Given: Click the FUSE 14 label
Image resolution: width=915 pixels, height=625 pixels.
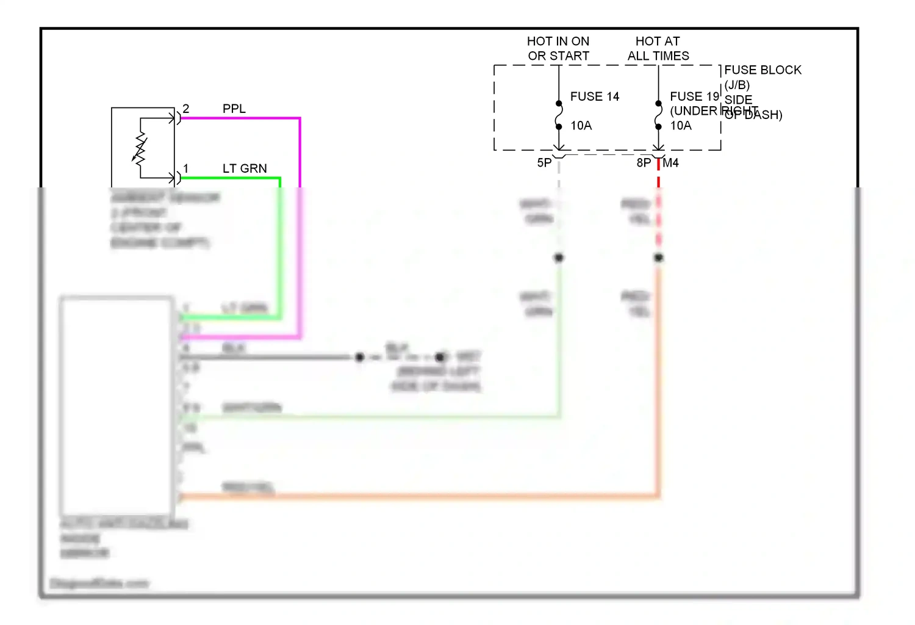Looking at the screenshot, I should (x=594, y=96).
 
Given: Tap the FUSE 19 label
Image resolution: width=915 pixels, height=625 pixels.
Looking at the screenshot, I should (x=694, y=96).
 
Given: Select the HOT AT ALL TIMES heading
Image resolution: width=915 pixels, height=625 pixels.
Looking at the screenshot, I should (x=658, y=48).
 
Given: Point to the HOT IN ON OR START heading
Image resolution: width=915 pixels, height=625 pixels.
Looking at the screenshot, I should (x=558, y=48).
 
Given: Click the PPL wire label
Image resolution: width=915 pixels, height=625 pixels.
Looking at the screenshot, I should (x=234, y=109).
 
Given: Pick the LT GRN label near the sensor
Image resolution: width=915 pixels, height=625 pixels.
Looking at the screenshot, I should (x=244, y=168).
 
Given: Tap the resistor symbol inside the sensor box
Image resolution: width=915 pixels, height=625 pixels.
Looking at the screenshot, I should (x=140, y=149).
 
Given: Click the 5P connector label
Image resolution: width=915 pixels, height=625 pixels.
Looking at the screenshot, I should (x=544, y=163).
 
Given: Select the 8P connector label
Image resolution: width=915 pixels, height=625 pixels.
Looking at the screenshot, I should (x=644, y=163).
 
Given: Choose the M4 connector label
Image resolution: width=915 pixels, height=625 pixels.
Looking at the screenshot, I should (x=670, y=163).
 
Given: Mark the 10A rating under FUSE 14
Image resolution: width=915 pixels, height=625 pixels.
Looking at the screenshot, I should (x=581, y=126).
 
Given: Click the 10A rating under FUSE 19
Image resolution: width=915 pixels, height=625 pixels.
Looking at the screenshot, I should (x=681, y=126).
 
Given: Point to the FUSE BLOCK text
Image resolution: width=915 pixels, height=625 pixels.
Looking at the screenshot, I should (x=762, y=70).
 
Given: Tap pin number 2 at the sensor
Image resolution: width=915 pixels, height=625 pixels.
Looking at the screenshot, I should (x=186, y=109).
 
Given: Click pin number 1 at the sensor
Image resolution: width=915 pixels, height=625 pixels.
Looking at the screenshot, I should (x=186, y=168).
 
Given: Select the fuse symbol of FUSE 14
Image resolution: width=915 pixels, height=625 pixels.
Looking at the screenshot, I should (x=559, y=115).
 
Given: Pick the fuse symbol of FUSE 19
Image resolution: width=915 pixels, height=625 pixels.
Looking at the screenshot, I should (x=658, y=115).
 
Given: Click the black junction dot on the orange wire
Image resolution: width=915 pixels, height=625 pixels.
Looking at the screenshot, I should (x=658, y=258).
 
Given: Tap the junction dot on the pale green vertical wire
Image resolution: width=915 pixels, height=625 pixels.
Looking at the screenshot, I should (x=559, y=258).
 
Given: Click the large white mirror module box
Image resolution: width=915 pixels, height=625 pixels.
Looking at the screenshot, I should (x=117, y=406).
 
